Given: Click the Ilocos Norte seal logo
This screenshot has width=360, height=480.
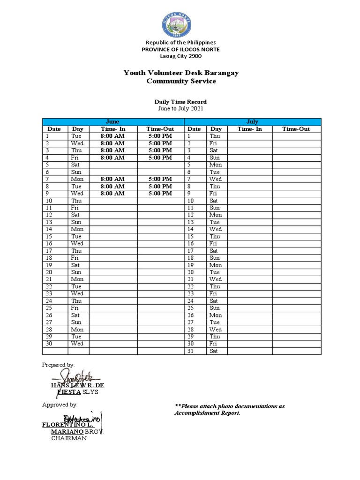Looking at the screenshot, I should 180,23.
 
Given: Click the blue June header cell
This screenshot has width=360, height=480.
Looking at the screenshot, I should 112,122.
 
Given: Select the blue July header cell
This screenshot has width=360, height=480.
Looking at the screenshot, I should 252,122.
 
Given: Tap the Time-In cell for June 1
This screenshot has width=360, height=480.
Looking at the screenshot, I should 112,136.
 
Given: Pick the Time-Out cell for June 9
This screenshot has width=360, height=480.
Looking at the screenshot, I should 160,193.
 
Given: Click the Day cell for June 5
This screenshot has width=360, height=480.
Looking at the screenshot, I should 78,165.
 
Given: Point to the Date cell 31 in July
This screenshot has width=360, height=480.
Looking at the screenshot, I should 195,351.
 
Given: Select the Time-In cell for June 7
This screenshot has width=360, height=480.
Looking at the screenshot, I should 112,179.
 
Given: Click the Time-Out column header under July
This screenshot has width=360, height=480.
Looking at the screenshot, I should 296,129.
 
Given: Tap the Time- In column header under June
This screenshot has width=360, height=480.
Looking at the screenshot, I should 113,129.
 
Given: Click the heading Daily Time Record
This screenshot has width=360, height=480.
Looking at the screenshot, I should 180,102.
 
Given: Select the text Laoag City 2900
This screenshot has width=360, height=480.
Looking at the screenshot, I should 180,56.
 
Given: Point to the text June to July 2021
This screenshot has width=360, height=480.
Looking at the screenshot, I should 180,108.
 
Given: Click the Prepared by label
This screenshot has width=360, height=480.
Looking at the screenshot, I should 58,365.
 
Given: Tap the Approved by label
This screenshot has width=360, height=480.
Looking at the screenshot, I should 60,405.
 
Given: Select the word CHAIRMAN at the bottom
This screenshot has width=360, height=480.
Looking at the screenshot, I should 69,438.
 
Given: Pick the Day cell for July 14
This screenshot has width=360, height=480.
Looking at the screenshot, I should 216,229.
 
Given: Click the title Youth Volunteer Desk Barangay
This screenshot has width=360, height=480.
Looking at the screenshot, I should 180,73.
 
